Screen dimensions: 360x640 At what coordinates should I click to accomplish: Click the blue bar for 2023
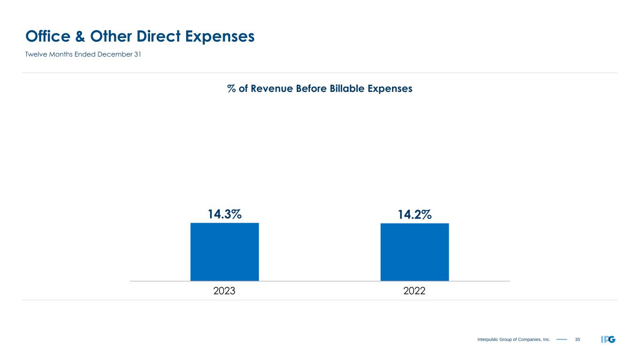click(224, 252)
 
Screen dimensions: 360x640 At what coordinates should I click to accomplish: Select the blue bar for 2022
click(414, 252)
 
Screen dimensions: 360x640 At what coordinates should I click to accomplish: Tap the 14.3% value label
click(225, 215)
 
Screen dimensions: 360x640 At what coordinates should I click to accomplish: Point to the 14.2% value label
click(415, 215)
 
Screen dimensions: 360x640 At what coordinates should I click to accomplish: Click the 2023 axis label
click(224, 291)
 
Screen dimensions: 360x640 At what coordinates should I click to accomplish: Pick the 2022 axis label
click(414, 291)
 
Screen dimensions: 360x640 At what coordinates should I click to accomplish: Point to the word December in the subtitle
click(113, 54)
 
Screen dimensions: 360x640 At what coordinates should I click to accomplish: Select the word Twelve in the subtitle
click(36, 54)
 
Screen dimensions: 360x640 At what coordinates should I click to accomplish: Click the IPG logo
click(608, 339)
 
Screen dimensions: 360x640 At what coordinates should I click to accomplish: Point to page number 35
click(577, 339)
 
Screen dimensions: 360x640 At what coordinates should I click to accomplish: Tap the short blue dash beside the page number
click(562, 339)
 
